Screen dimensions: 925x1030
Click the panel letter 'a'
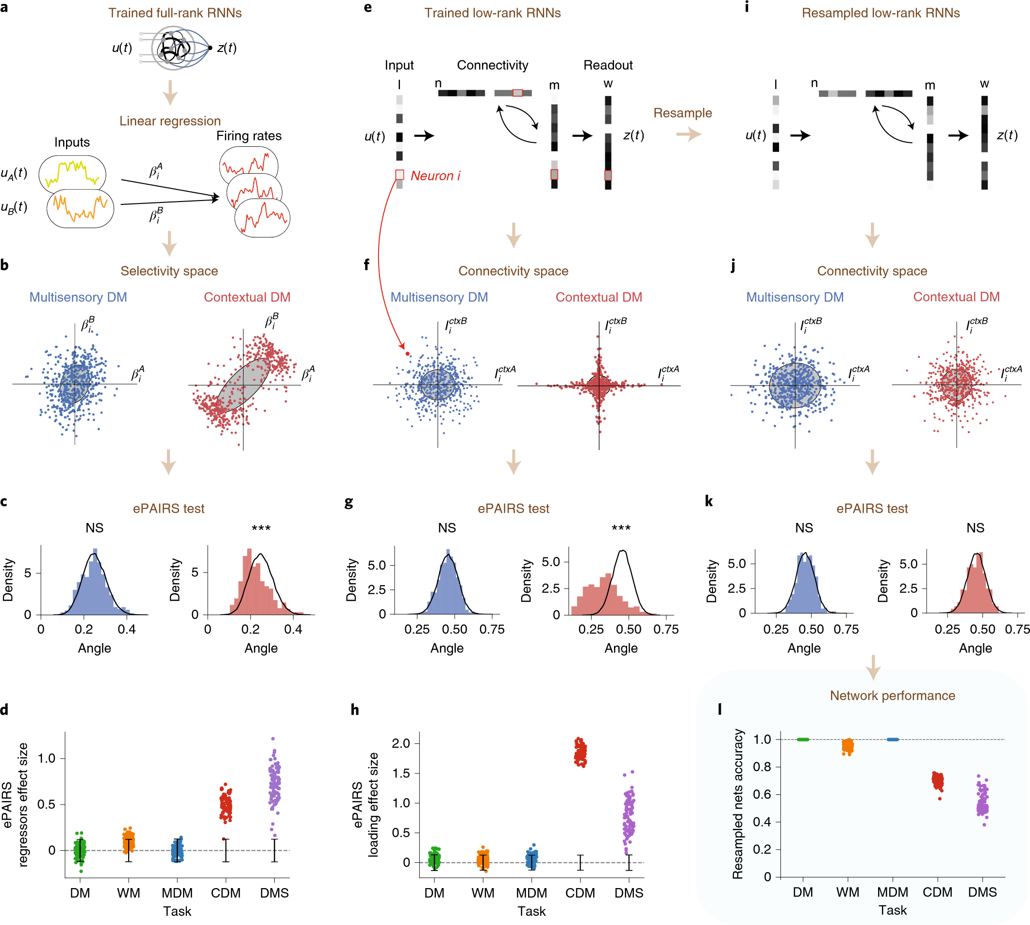[x=4, y=8]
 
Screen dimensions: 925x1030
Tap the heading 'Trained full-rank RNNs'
[x=175, y=13]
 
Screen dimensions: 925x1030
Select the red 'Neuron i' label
[x=435, y=176]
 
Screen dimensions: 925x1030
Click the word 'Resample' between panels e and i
[x=682, y=113]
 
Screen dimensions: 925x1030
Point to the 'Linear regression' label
[x=170, y=121]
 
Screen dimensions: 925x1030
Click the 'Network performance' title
[x=892, y=695]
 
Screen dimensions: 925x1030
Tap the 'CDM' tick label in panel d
[x=226, y=893]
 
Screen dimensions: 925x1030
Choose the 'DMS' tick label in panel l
[x=982, y=892]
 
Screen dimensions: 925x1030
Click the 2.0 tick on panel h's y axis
[x=401, y=743]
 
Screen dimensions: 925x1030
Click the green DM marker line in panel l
[x=803, y=740]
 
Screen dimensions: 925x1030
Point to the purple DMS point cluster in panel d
[x=274, y=783]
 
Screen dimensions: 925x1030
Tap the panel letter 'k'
[x=709, y=502]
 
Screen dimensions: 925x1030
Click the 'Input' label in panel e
[x=399, y=65]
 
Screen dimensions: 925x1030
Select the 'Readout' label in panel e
[x=608, y=65]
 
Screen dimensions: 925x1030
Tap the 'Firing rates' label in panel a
[x=249, y=135]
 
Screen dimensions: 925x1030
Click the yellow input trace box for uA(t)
[x=72, y=173]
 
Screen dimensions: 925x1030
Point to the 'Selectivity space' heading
[x=169, y=271]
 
